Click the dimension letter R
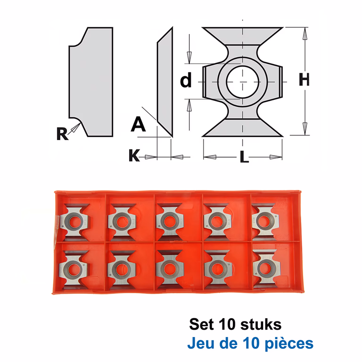pos(62,134)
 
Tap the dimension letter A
pos(138,124)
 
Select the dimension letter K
pos(134,155)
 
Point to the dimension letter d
pos(186,80)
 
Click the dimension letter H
pos(304,80)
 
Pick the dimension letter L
pos(244,157)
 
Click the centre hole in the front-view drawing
pos(242,82)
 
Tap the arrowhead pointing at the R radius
pos(76,128)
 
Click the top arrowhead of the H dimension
pos(305,34)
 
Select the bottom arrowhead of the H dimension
pos(305,129)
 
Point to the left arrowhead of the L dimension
pos(210,157)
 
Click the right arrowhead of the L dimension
pos(276,157)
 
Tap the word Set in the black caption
pos(201,324)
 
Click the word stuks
pos(261,324)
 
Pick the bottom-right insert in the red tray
pos(265,268)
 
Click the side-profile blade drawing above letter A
pos(165,82)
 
